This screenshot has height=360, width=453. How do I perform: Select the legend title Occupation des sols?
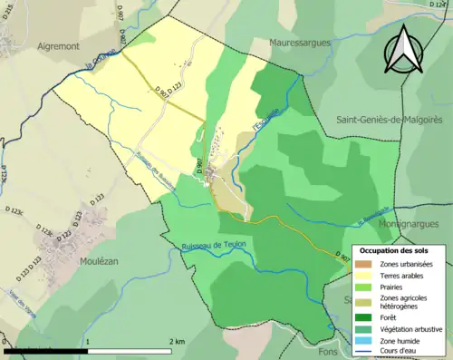(395, 251)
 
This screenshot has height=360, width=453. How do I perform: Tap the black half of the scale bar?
(46, 351)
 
